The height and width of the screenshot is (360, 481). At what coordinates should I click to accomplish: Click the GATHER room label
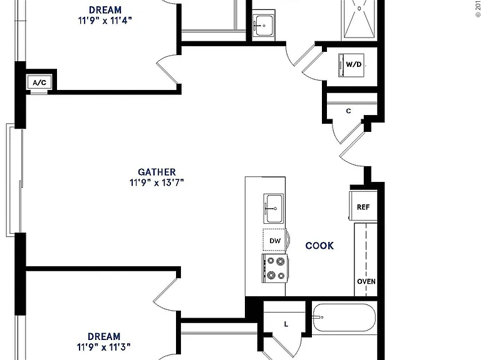click(157, 172)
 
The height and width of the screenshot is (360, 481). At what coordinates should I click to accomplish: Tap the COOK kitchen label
click(319, 246)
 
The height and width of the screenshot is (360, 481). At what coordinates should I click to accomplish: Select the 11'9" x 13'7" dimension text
click(157, 182)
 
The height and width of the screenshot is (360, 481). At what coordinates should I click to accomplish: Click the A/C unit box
click(39, 82)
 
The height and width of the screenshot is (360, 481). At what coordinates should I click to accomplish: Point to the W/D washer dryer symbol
click(351, 65)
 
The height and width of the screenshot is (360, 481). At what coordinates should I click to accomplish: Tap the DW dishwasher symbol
click(275, 240)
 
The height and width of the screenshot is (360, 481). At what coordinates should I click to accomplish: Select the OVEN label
click(366, 281)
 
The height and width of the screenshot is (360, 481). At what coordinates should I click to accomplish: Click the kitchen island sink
click(273, 209)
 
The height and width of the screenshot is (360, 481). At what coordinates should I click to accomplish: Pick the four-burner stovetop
click(275, 268)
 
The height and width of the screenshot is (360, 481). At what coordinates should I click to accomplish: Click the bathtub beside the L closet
click(344, 317)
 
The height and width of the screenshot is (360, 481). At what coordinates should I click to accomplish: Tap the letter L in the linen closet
click(286, 324)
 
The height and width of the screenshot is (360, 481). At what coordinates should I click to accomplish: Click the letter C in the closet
click(348, 111)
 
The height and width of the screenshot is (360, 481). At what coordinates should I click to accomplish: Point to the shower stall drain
click(359, 8)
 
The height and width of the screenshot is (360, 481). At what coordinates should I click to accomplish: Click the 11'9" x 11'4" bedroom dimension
click(105, 21)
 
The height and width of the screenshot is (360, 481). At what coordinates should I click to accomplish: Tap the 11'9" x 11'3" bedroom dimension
click(104, 347)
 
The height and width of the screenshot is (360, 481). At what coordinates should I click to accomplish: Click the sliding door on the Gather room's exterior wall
click(14, 180)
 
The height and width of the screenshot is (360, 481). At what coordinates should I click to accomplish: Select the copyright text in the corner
click(478, 9)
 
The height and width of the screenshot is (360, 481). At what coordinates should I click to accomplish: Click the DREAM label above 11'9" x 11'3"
click(104, 336)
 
